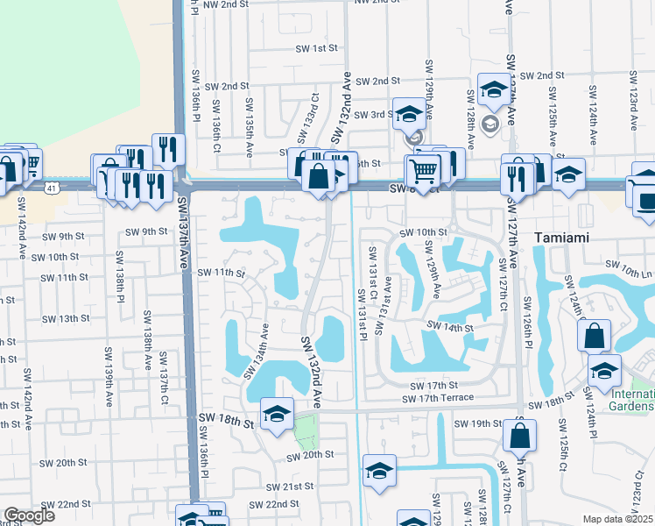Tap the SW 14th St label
450,327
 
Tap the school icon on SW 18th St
277,413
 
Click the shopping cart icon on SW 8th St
423,169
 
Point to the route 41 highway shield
53,188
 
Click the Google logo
29,515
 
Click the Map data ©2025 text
616,519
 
